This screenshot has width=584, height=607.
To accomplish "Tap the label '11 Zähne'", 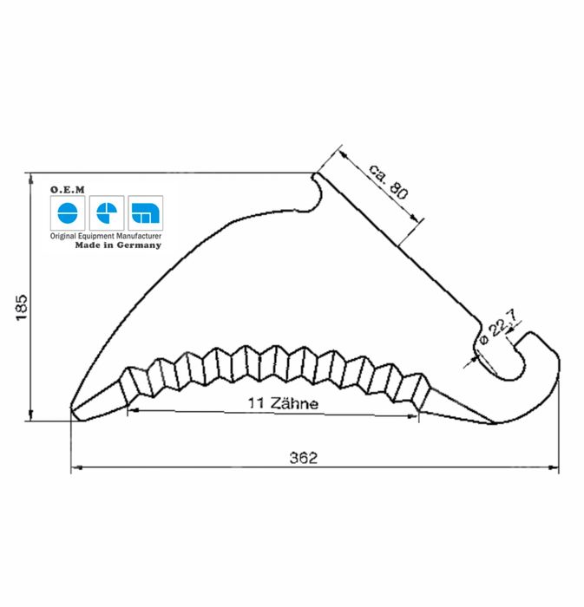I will point(283,403).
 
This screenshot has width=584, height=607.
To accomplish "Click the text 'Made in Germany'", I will point(118,245).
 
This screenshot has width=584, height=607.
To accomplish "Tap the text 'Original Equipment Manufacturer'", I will point(106,236).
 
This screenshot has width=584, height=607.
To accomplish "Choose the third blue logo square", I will point(145,212).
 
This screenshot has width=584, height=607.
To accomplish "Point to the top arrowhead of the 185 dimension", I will point(32,178).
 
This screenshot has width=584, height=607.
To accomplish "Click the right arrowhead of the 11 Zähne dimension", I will point(414,414).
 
